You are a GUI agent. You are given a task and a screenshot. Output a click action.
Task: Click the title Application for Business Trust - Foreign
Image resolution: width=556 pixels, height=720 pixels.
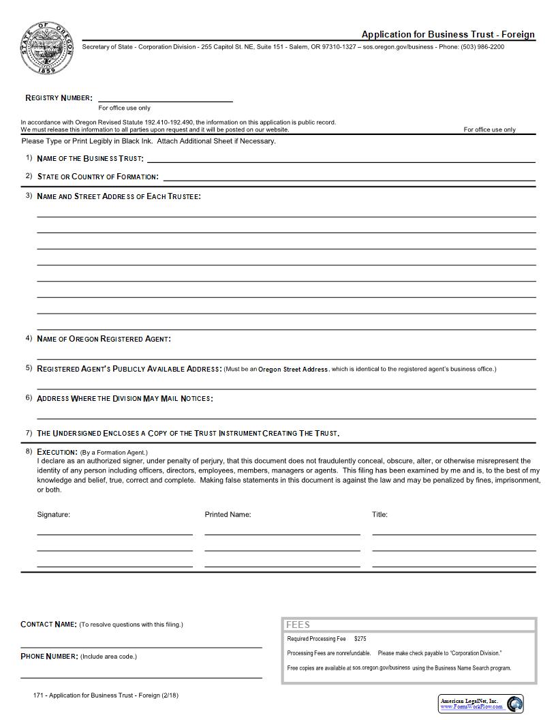448,35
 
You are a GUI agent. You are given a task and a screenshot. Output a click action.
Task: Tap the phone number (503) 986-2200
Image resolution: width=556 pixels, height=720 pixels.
482,47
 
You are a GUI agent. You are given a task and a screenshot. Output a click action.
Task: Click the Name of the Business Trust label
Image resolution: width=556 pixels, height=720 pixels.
90,158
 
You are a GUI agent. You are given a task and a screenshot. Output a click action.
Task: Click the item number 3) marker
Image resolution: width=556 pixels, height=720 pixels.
29,196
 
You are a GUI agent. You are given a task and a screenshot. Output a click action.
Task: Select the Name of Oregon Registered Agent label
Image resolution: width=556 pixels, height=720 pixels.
104,339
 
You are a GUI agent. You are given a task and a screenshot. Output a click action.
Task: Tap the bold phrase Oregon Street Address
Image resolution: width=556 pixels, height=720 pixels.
293,369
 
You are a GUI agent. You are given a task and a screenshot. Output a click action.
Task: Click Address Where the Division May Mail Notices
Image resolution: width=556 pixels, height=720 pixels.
125,398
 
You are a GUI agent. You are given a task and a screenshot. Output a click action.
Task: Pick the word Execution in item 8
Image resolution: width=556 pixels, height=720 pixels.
57,452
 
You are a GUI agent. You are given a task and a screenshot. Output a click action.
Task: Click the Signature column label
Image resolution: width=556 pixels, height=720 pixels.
54,515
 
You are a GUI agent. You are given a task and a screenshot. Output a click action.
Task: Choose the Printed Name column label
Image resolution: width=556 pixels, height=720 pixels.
228,515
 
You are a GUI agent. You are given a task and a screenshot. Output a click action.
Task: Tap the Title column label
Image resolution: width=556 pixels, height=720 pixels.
380,515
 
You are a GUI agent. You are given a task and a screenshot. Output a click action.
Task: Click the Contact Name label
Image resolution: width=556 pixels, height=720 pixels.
48,624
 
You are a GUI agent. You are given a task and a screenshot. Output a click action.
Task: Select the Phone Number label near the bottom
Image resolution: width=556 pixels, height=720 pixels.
49,657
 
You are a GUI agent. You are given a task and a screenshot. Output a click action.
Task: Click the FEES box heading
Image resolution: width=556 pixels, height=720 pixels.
298,625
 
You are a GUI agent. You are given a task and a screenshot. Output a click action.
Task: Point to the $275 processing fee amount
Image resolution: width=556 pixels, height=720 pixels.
360,639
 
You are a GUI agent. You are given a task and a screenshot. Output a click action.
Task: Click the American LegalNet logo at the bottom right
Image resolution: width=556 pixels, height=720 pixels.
481,704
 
